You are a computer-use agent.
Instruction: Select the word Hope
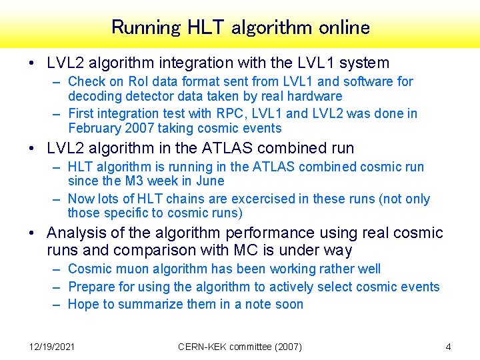click(x=83, y=304)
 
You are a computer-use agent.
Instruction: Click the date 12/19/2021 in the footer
click(x=52, y=346)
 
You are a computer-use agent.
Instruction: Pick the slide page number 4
click(x=448, y=346)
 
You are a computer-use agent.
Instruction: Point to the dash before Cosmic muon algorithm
click(x=57, y=269)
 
